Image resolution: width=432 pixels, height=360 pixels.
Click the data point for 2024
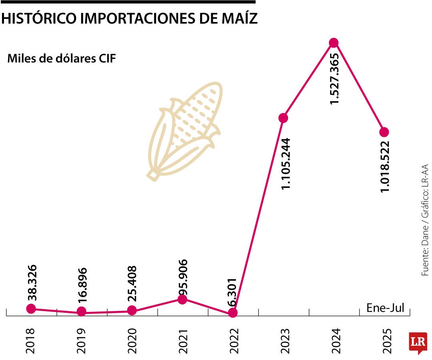(334, 43)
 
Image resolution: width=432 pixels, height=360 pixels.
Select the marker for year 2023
(283, 118)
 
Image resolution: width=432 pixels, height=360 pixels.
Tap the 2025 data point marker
(384, 132)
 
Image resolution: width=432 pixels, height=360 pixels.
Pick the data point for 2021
(182, 300)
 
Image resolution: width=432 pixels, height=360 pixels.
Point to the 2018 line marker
(31, 308)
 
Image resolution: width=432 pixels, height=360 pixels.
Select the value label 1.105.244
(286, 164)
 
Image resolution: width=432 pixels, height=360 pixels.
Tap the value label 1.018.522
(386, 166)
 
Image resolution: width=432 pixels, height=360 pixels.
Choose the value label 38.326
(32, 283)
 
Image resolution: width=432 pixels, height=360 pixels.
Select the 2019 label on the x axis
(82, 341)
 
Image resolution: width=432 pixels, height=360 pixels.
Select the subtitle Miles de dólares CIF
(62, 59)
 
